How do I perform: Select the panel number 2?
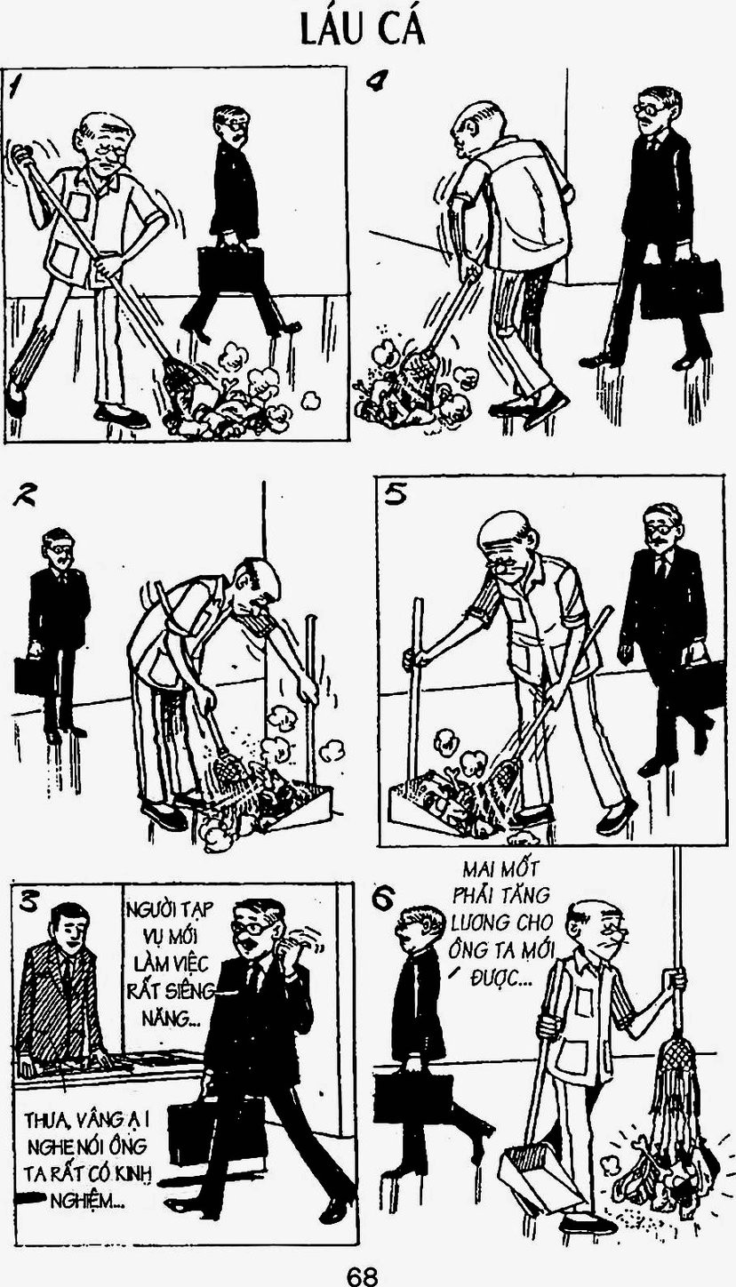pos(24,494)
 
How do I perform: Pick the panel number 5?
pos(396,494)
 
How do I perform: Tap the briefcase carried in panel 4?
pos(681,289)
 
